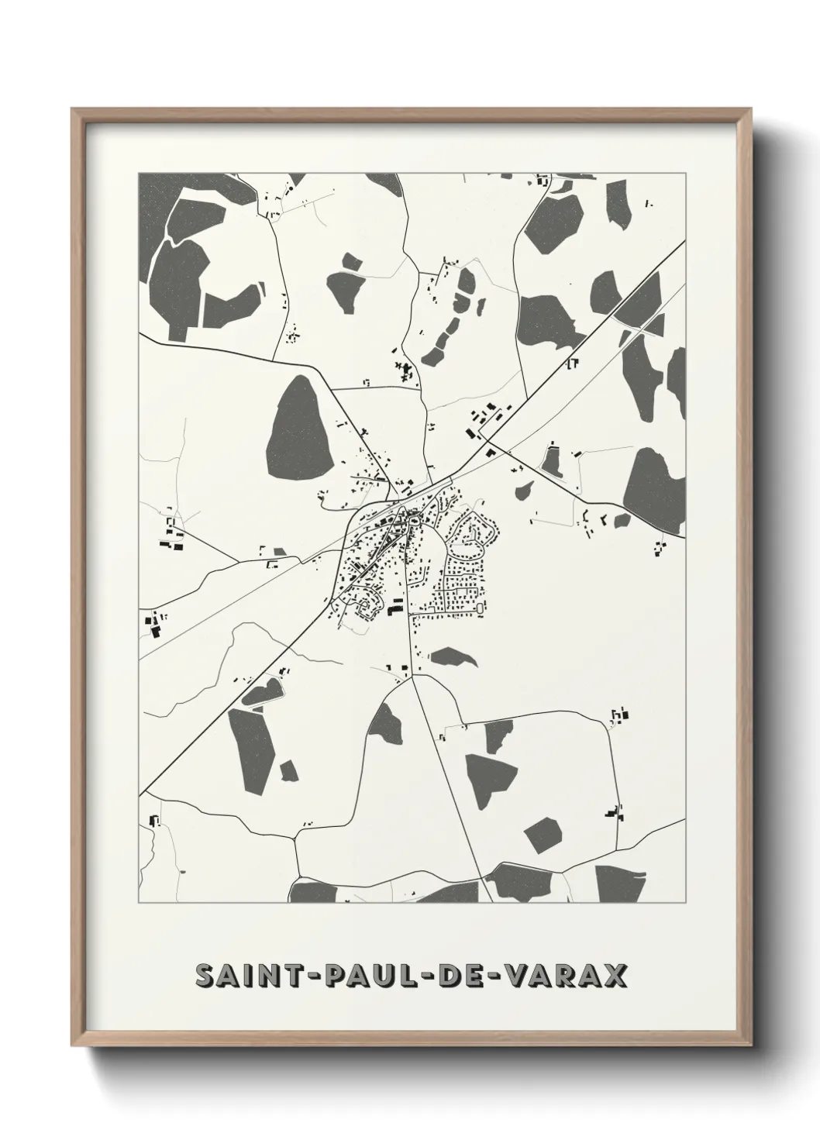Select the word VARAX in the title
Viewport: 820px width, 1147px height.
click(x=567, y=976)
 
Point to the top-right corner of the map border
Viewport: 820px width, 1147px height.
click(x=685, y=173)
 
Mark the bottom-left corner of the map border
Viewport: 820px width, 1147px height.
click(x=139, y=903)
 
